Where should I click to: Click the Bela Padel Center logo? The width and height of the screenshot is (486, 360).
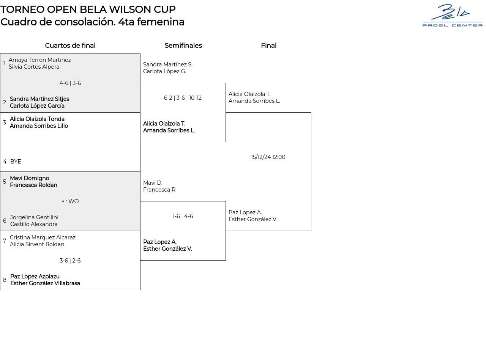[452, 15]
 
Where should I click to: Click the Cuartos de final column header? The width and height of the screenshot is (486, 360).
[70, 46]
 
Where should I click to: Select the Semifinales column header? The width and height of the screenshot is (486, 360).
[183, 46]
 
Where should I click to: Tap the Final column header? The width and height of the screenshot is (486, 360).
[268, 46]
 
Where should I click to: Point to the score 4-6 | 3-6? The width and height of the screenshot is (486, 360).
[70, 83]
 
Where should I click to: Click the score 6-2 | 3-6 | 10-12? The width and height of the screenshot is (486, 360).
[183, 98]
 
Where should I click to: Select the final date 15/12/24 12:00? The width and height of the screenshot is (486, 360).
[268, 157]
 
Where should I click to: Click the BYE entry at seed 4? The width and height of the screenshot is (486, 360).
[16, 162]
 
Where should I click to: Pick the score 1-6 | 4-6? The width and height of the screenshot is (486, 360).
[183, 216]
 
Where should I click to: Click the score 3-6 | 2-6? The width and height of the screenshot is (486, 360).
[70, 261]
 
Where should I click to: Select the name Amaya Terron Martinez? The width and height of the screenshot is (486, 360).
[40, 60]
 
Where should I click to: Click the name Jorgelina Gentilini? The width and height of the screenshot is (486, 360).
[34, 217]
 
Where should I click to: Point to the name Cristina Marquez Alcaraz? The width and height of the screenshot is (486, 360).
[43, 237]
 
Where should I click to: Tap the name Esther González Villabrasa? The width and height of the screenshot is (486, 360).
[45, 283]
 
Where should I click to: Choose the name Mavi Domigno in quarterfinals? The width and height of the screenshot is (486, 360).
[30, 178]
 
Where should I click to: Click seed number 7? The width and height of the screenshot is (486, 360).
[5, 241]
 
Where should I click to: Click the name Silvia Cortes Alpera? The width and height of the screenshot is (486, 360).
[34, 67]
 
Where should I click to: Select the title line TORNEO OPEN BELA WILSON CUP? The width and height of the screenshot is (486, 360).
[88, 9]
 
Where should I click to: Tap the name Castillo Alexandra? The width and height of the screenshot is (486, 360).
[34, 224]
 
